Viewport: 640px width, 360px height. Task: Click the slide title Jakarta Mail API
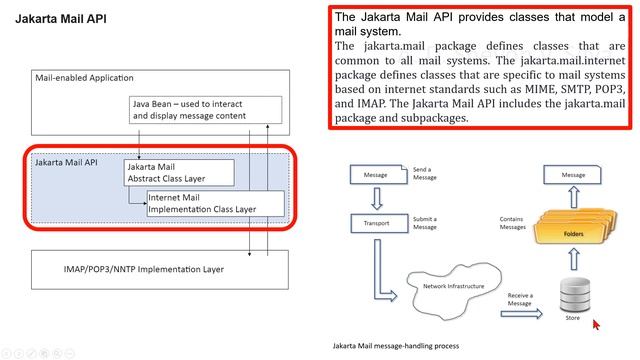60,19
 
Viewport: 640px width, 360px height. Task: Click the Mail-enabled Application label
84,78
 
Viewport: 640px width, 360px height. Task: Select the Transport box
376,223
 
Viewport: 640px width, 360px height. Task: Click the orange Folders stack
573,231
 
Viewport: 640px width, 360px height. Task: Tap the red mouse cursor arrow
597,324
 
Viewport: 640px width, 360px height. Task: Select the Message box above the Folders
573,175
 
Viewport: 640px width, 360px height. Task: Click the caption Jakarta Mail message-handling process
396,345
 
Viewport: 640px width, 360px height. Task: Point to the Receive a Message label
520,299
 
